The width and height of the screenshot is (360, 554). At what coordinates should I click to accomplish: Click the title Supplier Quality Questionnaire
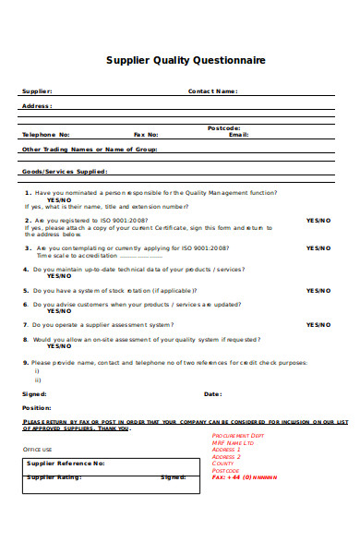point(186,60)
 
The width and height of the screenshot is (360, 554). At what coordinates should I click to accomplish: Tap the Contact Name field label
point(213,91)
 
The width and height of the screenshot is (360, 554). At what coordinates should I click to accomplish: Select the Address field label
point(37,106)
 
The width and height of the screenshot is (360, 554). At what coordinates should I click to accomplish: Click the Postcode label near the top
point(224,127)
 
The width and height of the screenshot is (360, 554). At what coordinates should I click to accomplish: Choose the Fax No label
point(146,135)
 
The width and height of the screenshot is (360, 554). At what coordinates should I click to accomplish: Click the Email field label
point(238,135)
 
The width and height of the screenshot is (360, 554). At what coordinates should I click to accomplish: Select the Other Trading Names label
point(90,149)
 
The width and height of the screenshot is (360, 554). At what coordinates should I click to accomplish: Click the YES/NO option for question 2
point(318,222)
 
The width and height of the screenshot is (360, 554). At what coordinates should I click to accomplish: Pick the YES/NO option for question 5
point(318,290)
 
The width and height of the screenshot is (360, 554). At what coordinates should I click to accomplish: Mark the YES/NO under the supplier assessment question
point(318,325)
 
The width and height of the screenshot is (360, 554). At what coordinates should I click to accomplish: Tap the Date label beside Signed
point(212,394)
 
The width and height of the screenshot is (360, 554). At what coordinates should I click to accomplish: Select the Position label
point(36,407)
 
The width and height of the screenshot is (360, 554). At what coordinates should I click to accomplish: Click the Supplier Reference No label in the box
point(66,464)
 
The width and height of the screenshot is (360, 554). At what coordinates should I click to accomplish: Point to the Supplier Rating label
point(57,477)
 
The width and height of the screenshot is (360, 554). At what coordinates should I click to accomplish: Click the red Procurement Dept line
point(238,435)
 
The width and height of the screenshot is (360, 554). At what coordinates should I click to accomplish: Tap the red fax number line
point(245,478)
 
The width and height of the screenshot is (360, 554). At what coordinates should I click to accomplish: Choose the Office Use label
point(37,449)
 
